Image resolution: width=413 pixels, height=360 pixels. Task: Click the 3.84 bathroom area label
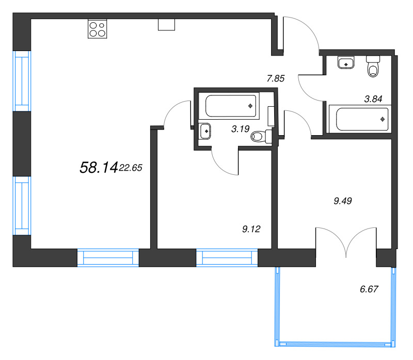tap(373, 100)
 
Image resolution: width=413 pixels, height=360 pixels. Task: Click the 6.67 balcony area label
tap(369, 289)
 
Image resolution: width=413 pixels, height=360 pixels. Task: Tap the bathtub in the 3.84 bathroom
tap(359, 119)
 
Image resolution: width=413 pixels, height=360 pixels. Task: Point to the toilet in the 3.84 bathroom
tap(373, 67)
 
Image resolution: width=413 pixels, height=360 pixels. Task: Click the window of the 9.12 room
tap(227, 257)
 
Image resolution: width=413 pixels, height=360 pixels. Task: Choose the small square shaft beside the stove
tap(166, 25)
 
